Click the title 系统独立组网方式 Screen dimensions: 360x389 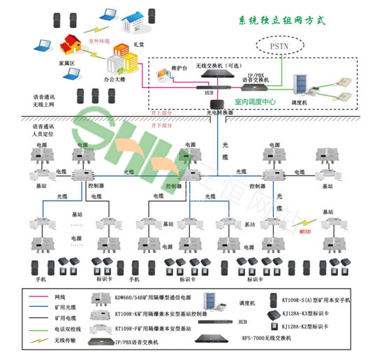click(x=284, y=21)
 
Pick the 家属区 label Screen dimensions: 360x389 click(x=47, y=62)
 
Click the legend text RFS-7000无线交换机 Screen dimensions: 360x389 click(x=263, y=338)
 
